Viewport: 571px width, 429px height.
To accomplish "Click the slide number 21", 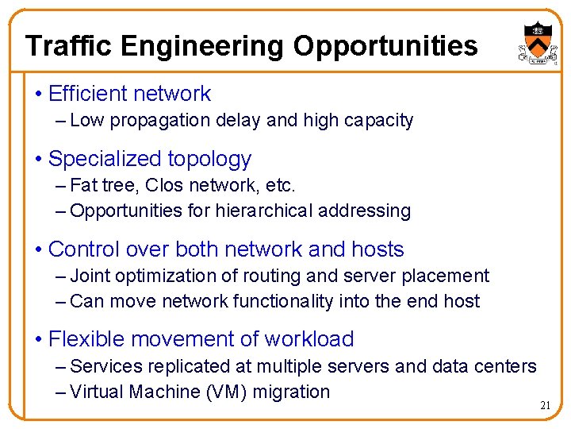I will (x=545, y=406).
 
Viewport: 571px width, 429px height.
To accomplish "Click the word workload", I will (x=308, y=339).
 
